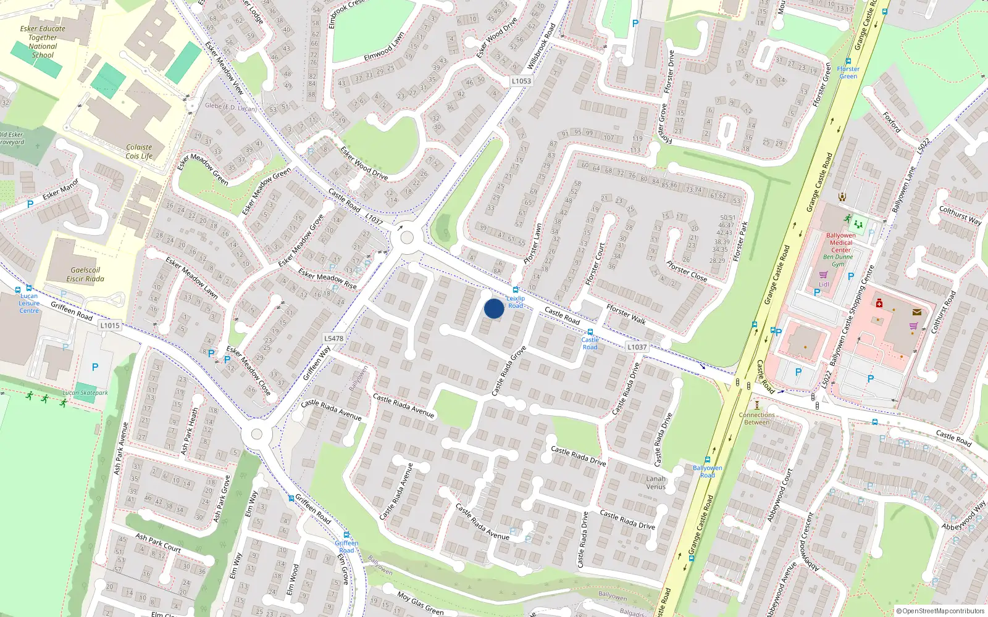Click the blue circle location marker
(x=494, y=308)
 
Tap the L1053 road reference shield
(x=521, y=81)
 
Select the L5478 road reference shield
(x=333, y=338)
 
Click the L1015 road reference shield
(x=110, y=325)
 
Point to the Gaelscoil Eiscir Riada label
(x=85, y=275)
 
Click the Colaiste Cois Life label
(x=139, y=152)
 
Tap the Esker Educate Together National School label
(x=43, y=41)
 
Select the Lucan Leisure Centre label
(x=29, y=303)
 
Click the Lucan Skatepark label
(x=85, y=392)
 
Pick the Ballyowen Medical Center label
(x=841, y=242)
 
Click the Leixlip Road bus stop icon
(x=516, y=290)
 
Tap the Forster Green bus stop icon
(x=848, y=62)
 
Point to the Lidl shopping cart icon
(x=823, y=275)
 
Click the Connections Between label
(x=756, y=418)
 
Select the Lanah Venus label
(x=656, y=482)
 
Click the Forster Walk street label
(x=626, y=314)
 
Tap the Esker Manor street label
(x=61, y=189)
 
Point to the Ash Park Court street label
(x=158, y=542)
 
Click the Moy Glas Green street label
(x=420, y=603)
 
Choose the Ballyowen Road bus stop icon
(x=708, y=460)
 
